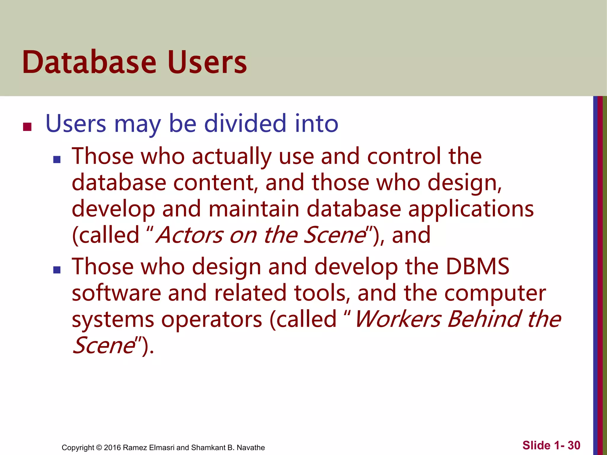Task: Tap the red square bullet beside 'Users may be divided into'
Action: (27, 127)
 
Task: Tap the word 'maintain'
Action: (254, 209)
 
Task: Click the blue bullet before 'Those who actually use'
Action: (57, 160)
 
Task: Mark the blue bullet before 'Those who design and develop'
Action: (57, 270)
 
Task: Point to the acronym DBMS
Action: (477, 266)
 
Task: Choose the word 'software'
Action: (116, 293)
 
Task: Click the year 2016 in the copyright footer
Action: (112, 448)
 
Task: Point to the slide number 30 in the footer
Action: (574, 445)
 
